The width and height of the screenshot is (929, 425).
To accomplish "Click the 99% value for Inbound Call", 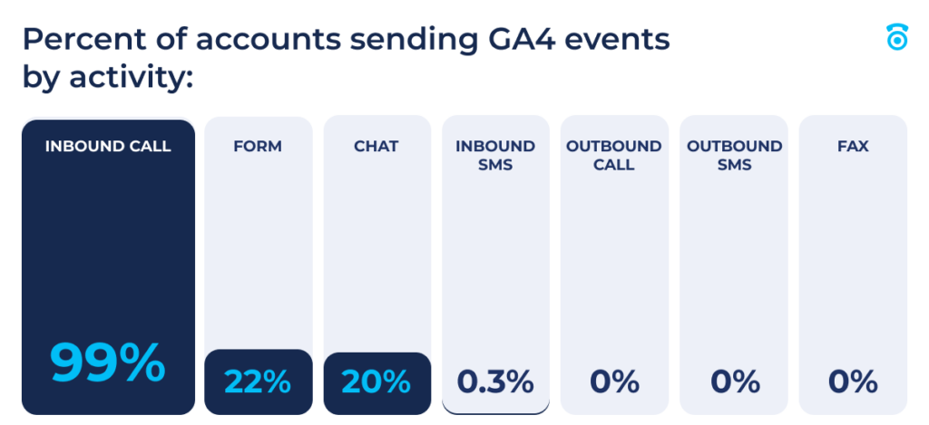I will click(108, 363).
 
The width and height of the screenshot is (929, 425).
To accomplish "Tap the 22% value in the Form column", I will click(258, 382).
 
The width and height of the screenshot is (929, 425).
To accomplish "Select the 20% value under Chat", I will click(376, 382).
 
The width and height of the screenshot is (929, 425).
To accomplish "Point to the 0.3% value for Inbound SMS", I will click(495, 382).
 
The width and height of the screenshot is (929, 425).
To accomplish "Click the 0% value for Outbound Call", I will click(614, 382).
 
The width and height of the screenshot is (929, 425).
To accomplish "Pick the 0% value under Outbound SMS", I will click(734, 382).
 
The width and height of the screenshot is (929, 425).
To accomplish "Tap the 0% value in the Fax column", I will click(853, 382).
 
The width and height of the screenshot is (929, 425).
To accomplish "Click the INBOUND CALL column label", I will click(108, 146).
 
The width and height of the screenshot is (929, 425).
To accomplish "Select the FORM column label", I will click(258, 146).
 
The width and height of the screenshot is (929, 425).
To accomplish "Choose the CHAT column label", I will click(376, 146).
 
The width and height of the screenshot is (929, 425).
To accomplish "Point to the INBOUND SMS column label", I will click(495, 155).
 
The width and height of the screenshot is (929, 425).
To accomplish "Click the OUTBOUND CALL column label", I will click(614, 155).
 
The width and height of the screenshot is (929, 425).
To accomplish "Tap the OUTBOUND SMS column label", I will click(734, 155).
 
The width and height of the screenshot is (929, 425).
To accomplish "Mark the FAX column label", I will click(853, 146).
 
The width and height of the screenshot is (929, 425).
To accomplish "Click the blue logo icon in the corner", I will click(896, 37).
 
